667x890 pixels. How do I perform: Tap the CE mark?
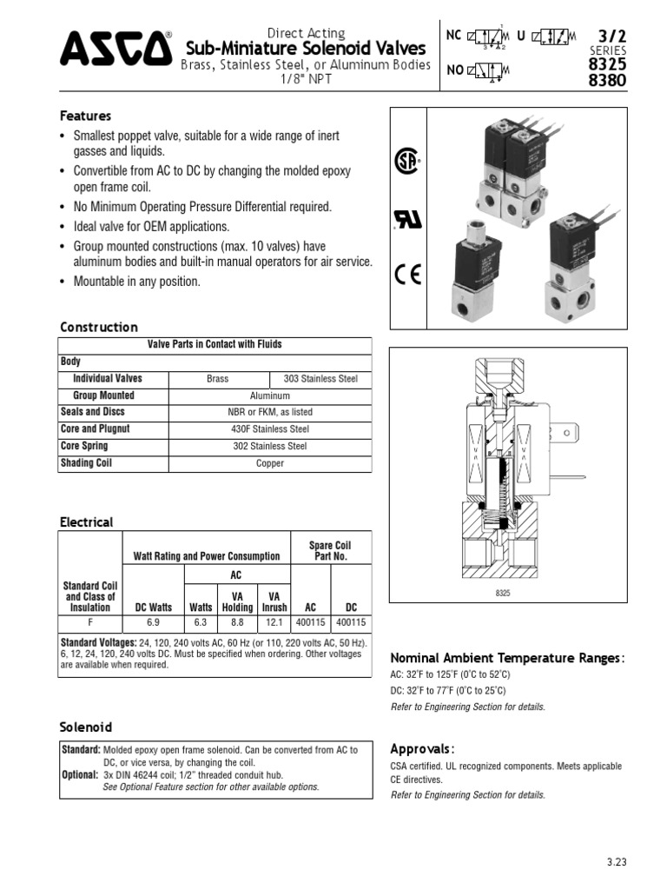point(407,276)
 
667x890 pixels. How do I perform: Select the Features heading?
point(85,116)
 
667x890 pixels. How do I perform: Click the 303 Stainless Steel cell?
point(320,379)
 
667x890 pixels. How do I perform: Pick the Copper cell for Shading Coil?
point(270,463)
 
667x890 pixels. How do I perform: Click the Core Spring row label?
point(84,446)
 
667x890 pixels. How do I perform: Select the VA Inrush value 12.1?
point(274,622)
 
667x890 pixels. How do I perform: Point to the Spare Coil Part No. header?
point(329,550)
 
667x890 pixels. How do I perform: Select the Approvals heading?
point(422,749)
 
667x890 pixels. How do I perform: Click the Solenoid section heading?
point(85,727)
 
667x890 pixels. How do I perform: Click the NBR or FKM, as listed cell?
point(270,412)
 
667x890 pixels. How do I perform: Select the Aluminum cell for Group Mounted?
point(270,395)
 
